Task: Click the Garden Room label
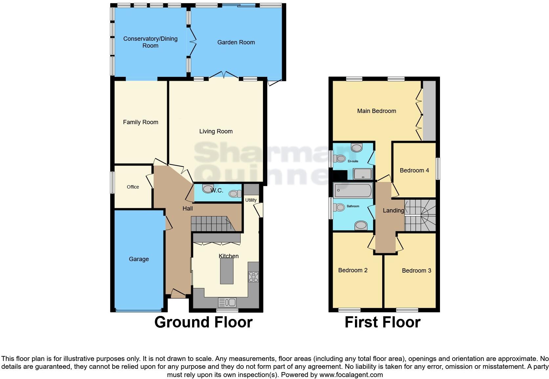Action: pos(236,42)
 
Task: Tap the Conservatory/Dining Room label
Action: pos(150,42)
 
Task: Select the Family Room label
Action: pos(141,122)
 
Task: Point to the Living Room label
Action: pos(216,131)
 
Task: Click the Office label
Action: pos(133,187)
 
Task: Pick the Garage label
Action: pos(139,259)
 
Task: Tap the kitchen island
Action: pos(227,271)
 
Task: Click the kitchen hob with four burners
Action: pos(253,277)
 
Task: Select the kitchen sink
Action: pos(227,302)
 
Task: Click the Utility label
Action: pos(251,200)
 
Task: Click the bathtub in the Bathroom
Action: pos(353,191)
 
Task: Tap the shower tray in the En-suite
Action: pos(363,174)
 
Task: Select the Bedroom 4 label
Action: pos(414,170)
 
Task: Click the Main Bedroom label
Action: pos(377,111)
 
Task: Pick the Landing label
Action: pos(393,211)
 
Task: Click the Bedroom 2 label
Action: pos(353,270)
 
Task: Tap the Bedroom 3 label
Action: pos(416,271)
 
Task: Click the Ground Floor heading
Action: pos(203,322)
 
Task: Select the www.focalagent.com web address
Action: pos(351,375)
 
